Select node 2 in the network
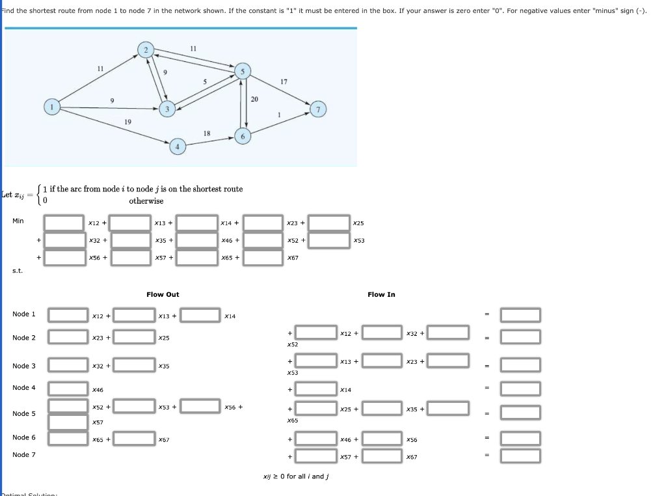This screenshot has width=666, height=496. [146, 50]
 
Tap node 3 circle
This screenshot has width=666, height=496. [167, 109]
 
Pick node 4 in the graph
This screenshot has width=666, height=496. [178, 146]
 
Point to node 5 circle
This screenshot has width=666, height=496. [242, 72]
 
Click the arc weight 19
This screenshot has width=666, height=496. [127, 122]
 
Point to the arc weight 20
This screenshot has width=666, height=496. [254, 99]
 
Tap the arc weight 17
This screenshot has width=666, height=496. [284, 81]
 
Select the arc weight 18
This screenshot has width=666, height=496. [207, 133]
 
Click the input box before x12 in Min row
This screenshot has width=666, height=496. [64, 223]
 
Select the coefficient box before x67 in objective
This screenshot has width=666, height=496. [263, 258]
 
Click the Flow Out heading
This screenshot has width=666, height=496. [163, 295]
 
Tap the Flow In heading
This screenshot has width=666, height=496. [381, 295]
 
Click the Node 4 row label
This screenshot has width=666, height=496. [24, 388]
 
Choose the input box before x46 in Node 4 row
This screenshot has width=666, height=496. [68, 389]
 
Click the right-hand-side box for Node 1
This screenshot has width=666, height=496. [520, 315]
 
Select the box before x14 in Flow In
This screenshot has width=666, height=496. [317, 389]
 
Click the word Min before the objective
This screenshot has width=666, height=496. [18, 221]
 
